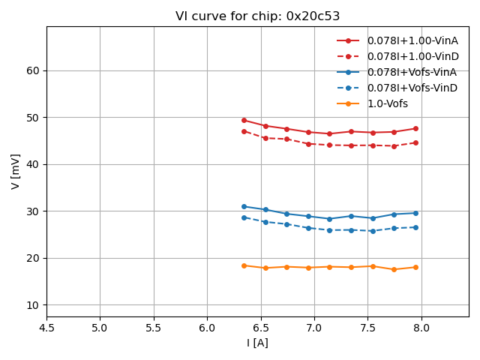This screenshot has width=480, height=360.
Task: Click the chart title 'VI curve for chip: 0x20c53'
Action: tap(257, 16)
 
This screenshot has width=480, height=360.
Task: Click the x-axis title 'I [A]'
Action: tap(257, 343)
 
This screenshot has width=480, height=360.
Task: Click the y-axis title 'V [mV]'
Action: tap(16, 171)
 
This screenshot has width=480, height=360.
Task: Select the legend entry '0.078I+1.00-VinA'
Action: tap(412, 40)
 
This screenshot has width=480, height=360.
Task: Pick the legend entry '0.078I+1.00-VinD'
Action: tap(412, 56)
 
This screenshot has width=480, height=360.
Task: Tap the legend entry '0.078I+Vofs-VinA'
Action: tap(412, 72)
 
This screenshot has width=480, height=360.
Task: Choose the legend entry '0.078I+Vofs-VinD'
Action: tap(412, 88)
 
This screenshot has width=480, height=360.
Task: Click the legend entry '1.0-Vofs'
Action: tap(387, 103)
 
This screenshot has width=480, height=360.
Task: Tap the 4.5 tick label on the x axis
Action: tap(46, 328)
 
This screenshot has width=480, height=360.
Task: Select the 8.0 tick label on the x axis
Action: tap(421, 328)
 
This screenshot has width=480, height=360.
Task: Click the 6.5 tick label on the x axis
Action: tap(261, 328)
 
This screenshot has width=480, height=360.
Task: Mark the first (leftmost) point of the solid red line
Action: tap(244, 120)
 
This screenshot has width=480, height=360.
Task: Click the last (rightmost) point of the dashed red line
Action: tap(415, 142)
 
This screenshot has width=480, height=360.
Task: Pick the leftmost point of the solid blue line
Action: tap(244, 206)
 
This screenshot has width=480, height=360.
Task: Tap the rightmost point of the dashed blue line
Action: tap(415, 227)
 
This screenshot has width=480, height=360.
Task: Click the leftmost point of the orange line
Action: tap(244, 265)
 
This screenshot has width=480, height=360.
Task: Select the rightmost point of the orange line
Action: tap(415, 267)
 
